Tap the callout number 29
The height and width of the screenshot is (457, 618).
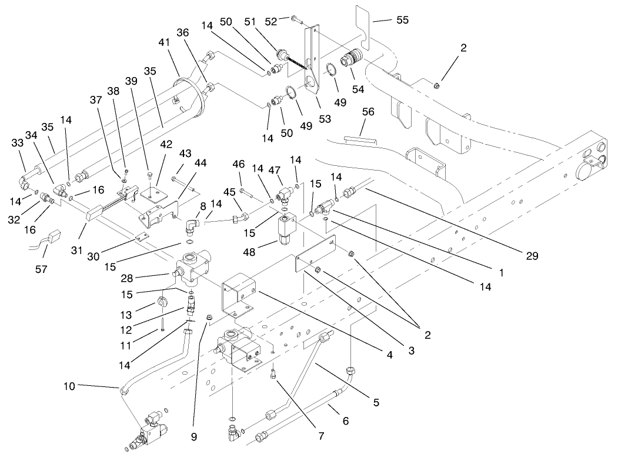pyautogui.click(x=532, y=256)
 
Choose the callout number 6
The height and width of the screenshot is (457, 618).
pyautogui.click(x=345, y=421)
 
